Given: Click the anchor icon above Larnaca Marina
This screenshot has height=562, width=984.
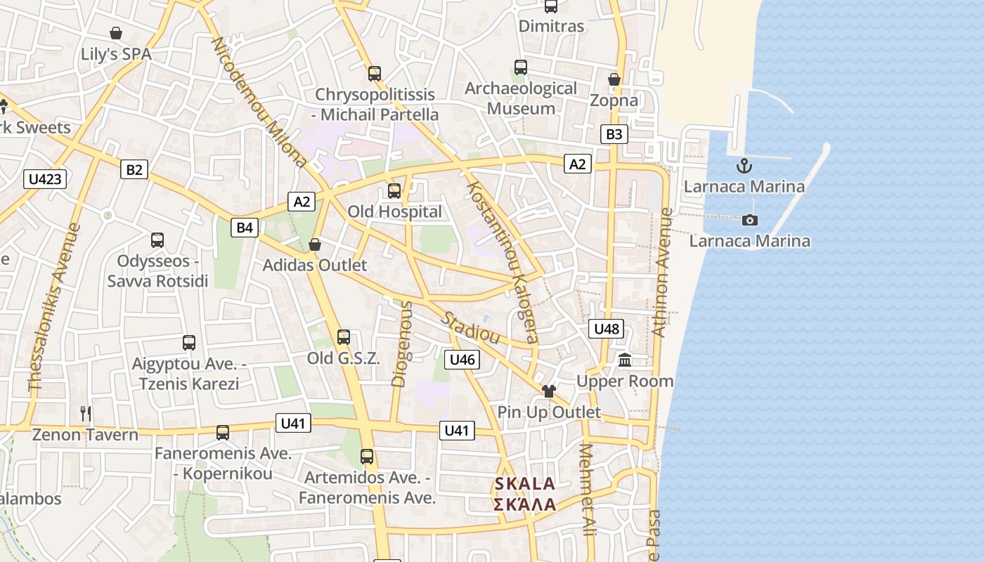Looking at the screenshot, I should click(744, 166).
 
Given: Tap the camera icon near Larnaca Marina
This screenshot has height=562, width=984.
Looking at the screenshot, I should click(750, 221).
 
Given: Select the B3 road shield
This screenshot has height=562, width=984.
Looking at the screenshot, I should click(614, 134).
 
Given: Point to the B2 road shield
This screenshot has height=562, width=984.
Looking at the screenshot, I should click(134, 169).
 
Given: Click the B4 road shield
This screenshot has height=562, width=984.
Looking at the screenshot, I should click(244, 227).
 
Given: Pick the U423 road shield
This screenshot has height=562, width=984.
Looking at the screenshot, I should click(46, 179).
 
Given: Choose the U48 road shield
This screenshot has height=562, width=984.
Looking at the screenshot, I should click(606, 329).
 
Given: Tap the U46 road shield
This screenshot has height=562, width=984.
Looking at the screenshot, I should click(462, 360).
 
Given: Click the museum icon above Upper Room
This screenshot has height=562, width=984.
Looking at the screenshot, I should click(625, 361).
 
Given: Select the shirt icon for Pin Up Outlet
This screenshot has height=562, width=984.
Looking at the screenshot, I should click(548, 391).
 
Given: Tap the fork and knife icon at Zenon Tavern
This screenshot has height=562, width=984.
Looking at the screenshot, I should click(86, 413).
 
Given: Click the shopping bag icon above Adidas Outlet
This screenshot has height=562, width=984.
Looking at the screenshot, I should click(315, 244).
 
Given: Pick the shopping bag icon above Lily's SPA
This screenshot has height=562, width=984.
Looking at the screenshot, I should click(116, 33).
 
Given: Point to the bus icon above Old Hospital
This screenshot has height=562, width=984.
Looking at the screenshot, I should click(394, 190).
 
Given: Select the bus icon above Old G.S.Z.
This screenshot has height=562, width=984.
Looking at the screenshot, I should click(344, 337).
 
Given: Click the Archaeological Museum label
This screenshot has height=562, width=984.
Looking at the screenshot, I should click(521, 98).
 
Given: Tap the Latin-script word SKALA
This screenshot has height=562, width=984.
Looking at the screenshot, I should click(525, 484).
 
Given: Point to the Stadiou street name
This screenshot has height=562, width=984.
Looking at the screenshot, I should click(470, 327).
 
